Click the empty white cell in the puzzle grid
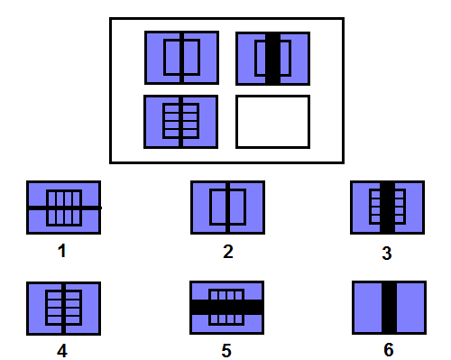[x=272, y=122]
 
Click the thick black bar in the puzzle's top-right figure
[x=272, y=59]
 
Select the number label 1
[x=62, y=251]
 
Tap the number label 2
[x=228, y=252]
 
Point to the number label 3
[x=387, y=253]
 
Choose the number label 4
[x=62, y=351]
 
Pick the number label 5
[x=226, y=350]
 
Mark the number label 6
[x=389, y=349]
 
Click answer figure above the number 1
[x=63, y=208]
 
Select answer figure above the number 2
[x=227, y=208]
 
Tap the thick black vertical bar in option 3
[x=387, y=208]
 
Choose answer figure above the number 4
[x=63, y=309]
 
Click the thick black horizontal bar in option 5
[x=226, y=308]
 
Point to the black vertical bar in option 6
[x=389, y=308]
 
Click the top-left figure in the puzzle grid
[x=181, y=58]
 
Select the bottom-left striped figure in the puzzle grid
[x=180, y=122]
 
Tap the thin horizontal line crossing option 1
[x=64, y=208]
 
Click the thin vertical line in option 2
[x=227, y=208]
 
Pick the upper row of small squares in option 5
[x=226, y=294]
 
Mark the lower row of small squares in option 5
[x=226, y=320]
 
